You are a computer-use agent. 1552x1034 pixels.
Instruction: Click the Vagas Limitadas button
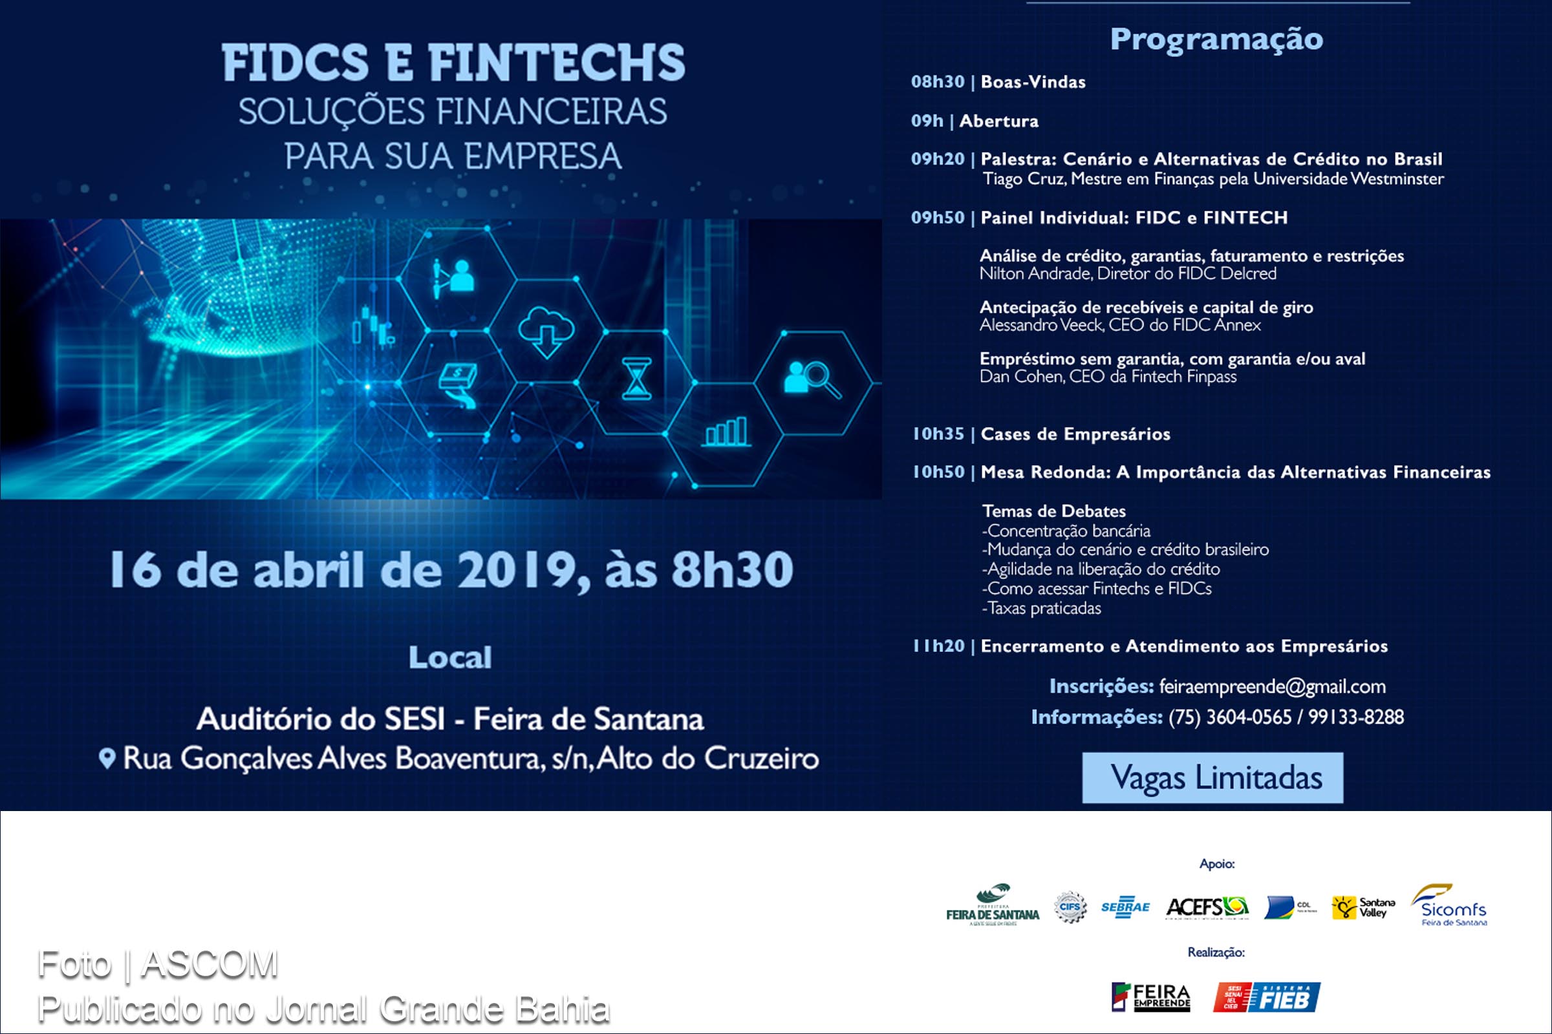point(1212,777)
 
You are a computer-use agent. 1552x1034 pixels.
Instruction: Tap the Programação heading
point(1216,39)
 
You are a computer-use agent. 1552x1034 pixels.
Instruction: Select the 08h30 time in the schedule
point(937,82)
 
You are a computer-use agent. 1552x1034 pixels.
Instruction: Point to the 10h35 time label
point(938,434)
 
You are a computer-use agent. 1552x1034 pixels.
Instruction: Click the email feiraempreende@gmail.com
point(1272,686)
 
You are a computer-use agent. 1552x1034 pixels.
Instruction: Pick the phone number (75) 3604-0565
point(1229,717)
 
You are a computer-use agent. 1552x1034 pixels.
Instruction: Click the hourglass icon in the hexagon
point(636,379)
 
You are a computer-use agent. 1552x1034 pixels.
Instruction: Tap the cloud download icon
point(546,330)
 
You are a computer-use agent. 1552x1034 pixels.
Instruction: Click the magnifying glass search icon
point(813,379)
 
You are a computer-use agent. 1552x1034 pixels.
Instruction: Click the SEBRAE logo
point(1125,907)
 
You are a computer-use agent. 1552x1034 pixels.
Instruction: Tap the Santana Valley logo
point(1363,907)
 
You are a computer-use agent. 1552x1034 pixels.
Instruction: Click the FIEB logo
point(1266,997)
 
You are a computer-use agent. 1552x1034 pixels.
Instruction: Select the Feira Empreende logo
point(1151,997)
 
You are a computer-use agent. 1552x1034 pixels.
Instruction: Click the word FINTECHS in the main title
point(557,63)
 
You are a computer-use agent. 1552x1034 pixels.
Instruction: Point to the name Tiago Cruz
point(1023,179)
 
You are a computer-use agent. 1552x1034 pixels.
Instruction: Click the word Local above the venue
point(450,657)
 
